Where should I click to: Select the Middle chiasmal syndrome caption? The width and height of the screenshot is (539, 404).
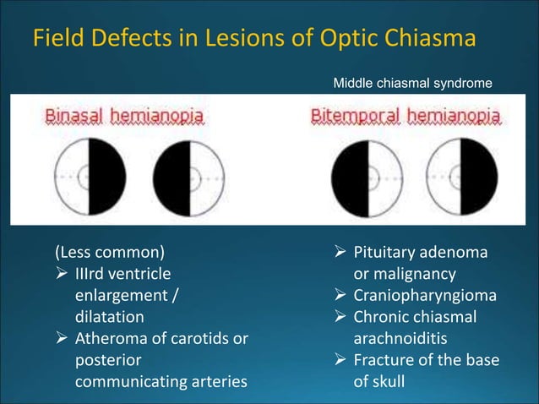coord(407,84)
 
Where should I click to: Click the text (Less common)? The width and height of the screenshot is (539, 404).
coord(110,252)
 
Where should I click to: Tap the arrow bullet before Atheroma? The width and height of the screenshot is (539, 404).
coord(63,339)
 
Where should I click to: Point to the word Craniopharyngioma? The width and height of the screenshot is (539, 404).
coord(425,296)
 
